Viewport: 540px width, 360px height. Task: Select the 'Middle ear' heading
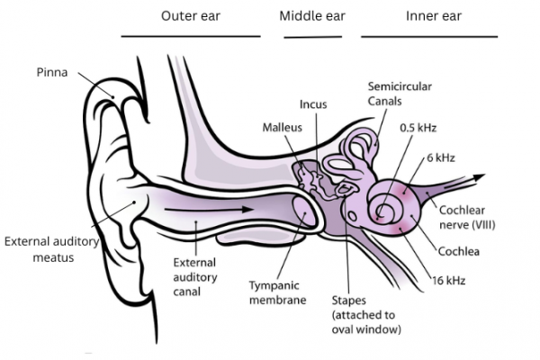[313, 16]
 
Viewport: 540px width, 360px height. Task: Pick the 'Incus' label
[313, 104]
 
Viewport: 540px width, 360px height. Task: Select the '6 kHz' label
[441, 157]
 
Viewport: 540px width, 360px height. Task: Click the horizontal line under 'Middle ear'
[313, 38]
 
